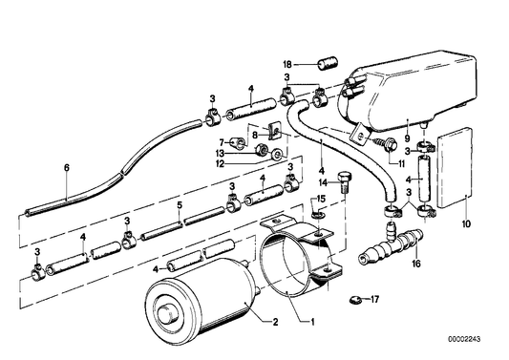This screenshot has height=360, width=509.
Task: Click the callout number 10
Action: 464,225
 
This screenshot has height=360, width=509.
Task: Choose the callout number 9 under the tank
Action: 407,123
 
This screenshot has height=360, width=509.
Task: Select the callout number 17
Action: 374,300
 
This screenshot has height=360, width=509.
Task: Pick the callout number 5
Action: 178,204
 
